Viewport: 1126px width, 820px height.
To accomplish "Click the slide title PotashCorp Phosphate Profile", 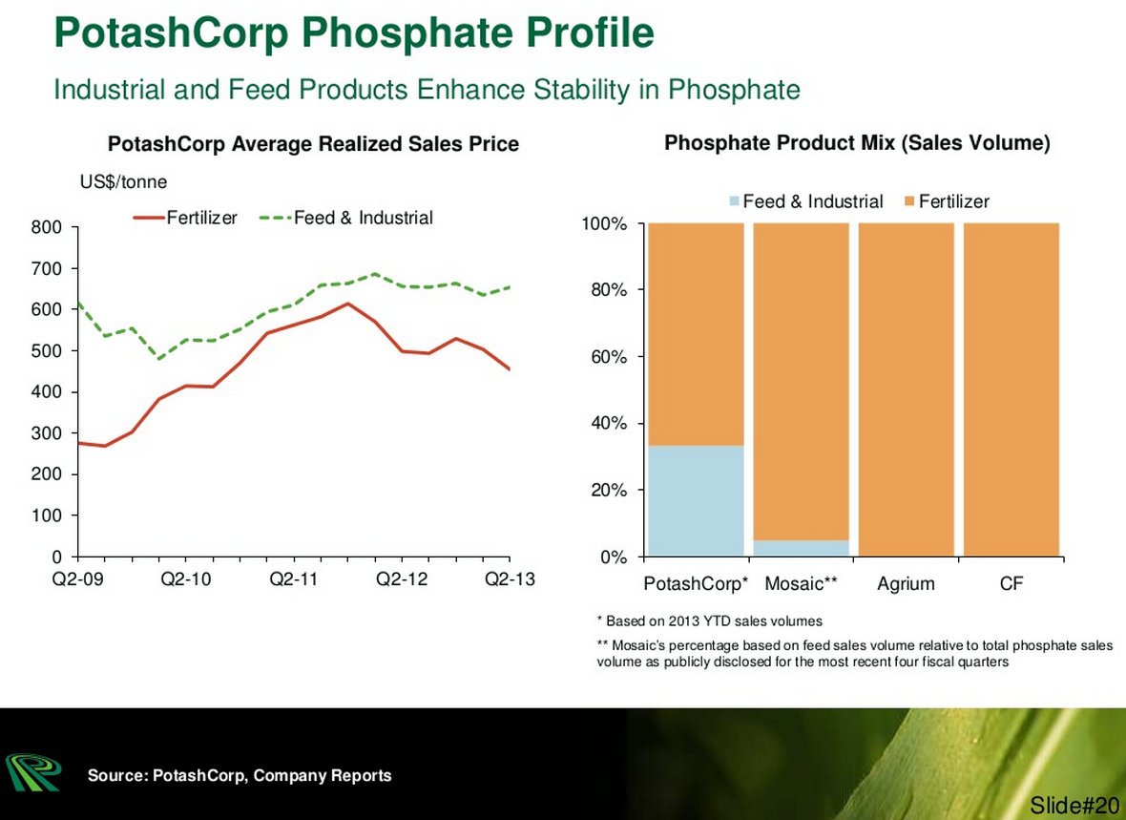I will [354, 33].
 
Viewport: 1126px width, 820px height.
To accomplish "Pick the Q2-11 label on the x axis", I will [293, 580].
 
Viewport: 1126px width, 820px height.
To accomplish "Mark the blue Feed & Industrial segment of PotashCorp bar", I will [696, 500].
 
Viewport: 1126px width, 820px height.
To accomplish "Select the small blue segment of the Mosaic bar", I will [801, 548].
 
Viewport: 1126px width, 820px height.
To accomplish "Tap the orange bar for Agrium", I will [906, 389].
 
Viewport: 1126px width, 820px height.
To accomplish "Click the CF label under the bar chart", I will [1011, 583].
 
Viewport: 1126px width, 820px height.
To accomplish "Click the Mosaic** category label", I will [801, 583].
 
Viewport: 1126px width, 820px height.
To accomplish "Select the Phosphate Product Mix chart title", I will [857, 143].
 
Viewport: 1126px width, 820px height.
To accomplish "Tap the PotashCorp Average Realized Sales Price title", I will [313, 144].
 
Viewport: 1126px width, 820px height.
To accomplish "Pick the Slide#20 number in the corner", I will [1074, 805].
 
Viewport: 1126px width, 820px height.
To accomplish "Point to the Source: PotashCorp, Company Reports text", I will [240, 775].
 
